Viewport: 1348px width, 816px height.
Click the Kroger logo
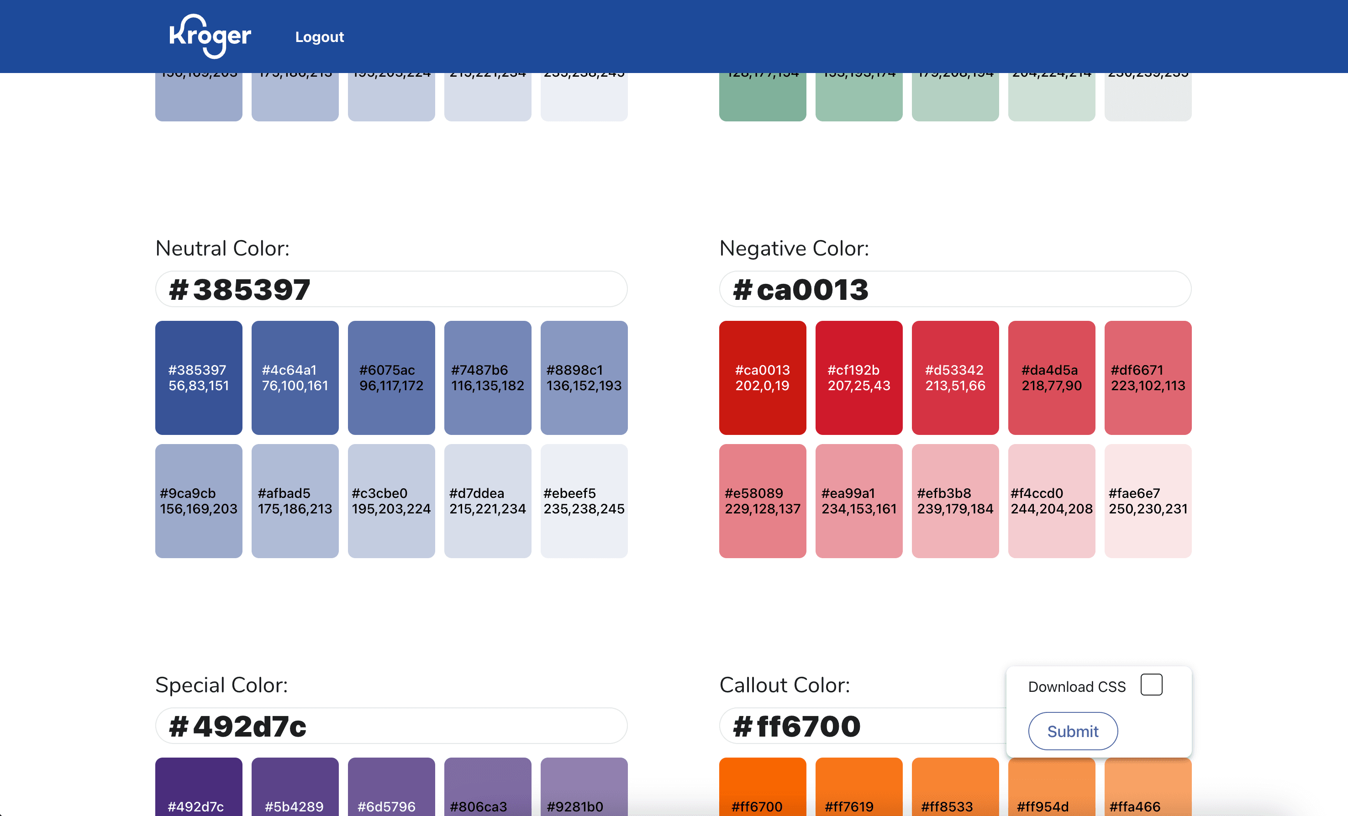click(210, 36)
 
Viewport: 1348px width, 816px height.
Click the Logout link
click(320, 37)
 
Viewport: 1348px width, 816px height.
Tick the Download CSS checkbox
click(1151, 685)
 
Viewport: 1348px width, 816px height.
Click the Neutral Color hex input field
click(391, 289)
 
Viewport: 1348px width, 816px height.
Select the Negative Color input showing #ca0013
click(955, 289)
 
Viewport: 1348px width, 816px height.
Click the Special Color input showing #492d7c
click(391, 726)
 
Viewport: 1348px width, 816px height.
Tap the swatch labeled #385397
click(199, 378)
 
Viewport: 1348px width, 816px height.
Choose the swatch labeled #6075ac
click(391, 378)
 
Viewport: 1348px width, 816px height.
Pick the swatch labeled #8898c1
click(584, 378)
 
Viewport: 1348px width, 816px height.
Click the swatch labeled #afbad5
click(295, 501)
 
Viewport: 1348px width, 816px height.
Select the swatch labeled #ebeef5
click(584, 501)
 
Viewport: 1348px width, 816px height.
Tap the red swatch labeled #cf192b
click(858, 378)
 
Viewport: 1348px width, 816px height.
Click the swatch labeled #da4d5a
click(1051, 378)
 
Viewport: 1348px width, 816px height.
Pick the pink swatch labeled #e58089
click(762, 501)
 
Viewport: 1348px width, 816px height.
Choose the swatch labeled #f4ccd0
click(1051, 501)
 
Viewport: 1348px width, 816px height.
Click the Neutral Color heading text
click(222, 248)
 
